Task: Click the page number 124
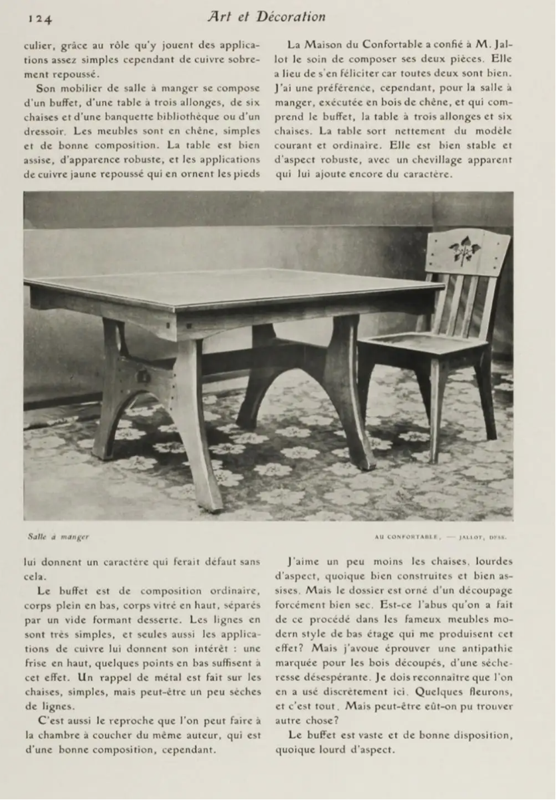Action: tap(41, 18)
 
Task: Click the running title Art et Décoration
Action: tap(266, 17)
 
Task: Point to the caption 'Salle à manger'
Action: tap(59, 536)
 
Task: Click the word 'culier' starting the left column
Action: tap(40, 46)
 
